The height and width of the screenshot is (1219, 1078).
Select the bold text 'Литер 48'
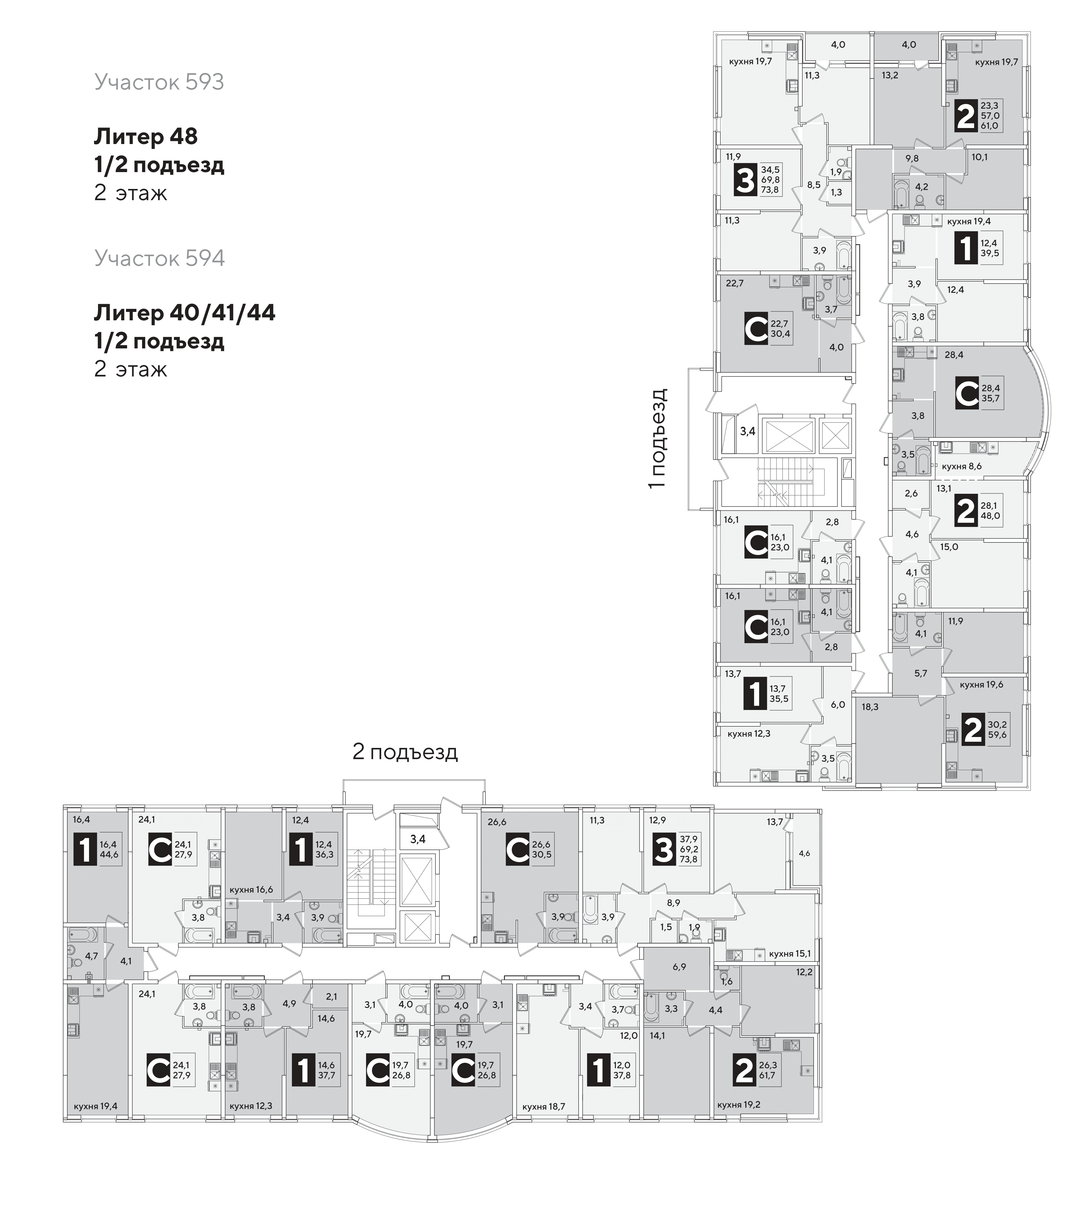[x=145, y=136]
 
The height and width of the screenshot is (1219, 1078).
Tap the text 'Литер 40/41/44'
[x=185, y=312]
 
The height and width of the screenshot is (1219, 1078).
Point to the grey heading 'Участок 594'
[x=159, y=258]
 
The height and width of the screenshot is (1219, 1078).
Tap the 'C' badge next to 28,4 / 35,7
[x=967, y=394]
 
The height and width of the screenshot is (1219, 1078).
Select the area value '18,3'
[x=870, y=707]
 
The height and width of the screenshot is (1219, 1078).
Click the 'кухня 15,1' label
[x=790, y=954]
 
